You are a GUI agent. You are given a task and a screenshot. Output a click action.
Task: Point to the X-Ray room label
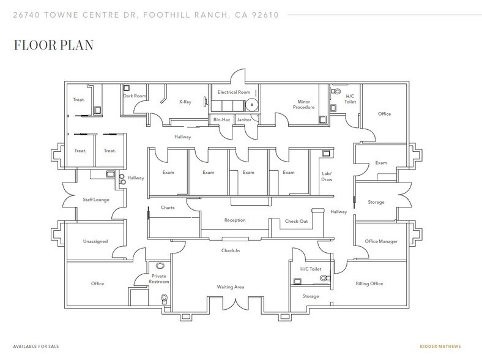tap(185, 102)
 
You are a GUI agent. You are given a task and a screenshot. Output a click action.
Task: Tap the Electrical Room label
tap(235, 92)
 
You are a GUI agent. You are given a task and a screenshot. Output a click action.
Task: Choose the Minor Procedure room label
tap(306, 105)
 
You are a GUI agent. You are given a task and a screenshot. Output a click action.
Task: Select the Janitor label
tap(244, 120)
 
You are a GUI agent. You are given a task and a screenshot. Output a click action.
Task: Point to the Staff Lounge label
tap(95, 199)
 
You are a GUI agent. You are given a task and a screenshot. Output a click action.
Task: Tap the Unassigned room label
tap(95, 241)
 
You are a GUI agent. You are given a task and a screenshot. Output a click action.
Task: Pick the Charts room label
tap(167, 208)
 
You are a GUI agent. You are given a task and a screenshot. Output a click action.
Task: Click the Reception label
tap(235, 220)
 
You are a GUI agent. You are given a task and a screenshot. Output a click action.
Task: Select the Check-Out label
tap(296, 221)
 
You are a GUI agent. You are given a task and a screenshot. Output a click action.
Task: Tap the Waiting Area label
tap(231, 287)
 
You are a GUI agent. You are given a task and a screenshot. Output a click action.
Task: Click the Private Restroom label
tap(158, 279)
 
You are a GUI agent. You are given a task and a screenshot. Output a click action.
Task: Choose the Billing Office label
tap(369, 284)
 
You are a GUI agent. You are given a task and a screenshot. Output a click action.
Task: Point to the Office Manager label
tap(381, 241)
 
